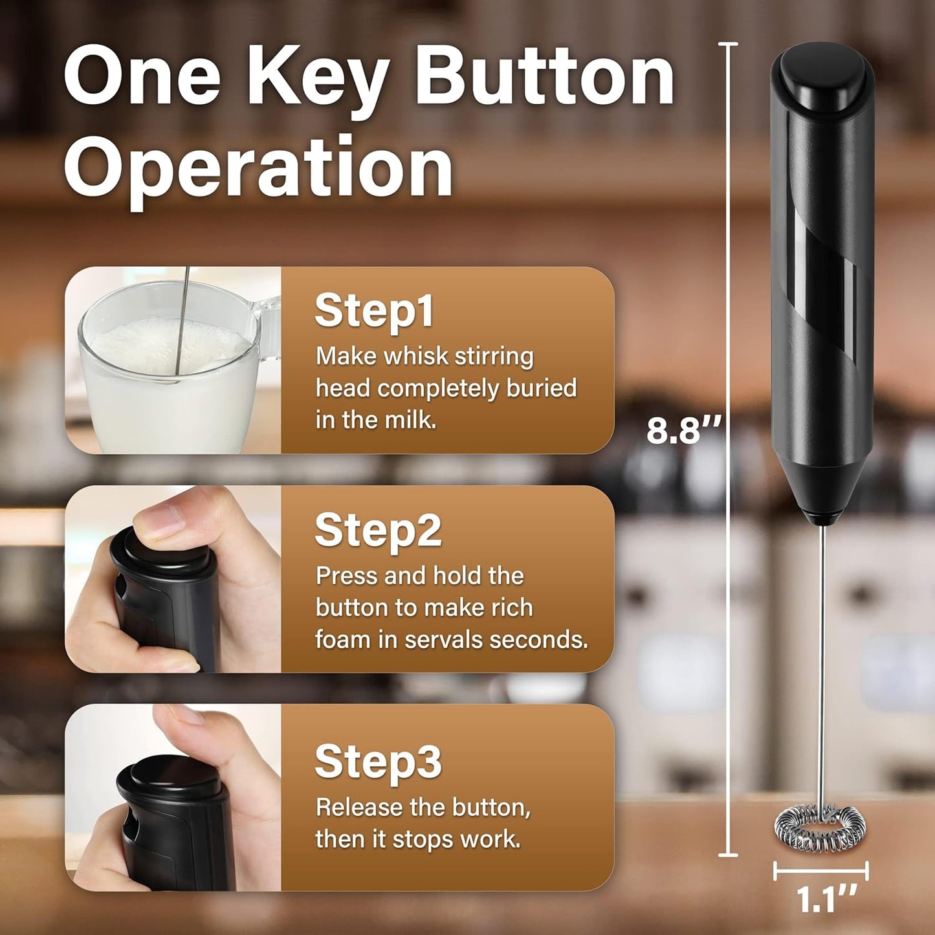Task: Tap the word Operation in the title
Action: click(x=259, y=167)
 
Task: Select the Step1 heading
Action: click(x=374, y=311)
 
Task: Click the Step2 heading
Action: click(x=378, y=530)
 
